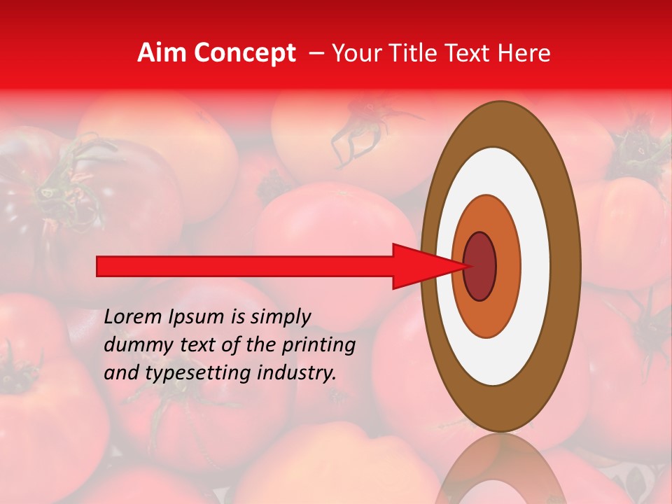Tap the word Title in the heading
(x=423, y=53)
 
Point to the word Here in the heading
(x=525, y=53)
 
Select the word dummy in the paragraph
(x=133, y=345)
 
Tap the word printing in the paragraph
(x=319, y=346)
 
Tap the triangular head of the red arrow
(x=420, y=266)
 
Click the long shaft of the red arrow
(x=245, y=266)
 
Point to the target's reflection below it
(x=500, y=469)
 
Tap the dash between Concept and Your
(x=316, y=53)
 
